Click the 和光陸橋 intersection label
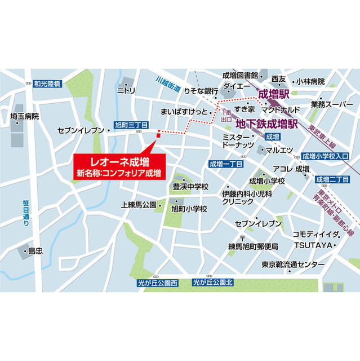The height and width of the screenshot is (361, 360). click(47, 83)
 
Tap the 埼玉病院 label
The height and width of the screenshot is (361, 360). click(24, 116)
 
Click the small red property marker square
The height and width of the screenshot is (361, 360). click(158, 134)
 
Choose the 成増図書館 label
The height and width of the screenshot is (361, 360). click(240, 75)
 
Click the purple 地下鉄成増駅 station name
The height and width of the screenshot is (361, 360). click(267, 122)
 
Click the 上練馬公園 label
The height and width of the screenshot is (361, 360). click(138, 205)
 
